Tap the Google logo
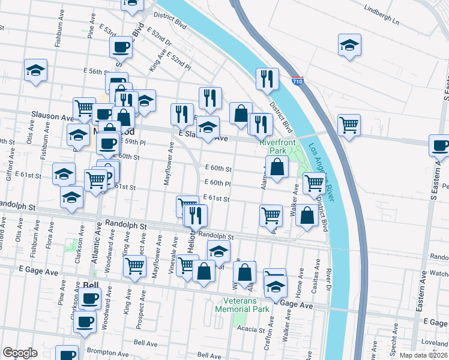[20, 353]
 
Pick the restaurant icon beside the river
[266, 79]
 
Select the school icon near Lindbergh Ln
[349, 45]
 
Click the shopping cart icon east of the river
[349, 125]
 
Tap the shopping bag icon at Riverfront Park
[277, 167]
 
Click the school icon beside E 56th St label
[35, 70]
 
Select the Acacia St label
[268, 329]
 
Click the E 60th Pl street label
[217, 182]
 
